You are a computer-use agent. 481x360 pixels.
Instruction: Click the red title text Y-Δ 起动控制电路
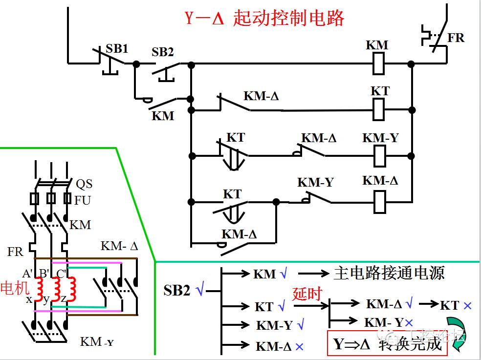[264, 18]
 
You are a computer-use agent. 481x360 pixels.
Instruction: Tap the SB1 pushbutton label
[117, 49]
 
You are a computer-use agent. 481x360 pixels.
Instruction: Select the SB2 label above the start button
[163, 52]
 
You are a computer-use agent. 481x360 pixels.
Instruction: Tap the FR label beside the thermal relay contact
[456, 38]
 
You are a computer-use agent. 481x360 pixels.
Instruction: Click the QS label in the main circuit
[84, 184]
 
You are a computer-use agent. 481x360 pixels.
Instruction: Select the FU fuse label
[83, 200]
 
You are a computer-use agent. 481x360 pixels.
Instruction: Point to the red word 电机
[15, 288]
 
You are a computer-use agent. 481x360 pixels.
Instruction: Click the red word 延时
[307, 294]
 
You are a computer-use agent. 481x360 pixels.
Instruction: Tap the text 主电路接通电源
[389, 273]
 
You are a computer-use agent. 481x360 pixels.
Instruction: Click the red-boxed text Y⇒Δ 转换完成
[387, 344]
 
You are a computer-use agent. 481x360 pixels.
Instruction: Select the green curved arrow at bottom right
[458, 333]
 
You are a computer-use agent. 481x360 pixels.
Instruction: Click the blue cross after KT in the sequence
[467, 306]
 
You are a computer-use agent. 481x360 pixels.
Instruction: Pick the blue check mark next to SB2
[199, 290]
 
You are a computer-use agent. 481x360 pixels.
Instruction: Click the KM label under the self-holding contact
[163, 116]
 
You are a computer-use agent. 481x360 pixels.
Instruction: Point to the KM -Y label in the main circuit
[97, 341]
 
